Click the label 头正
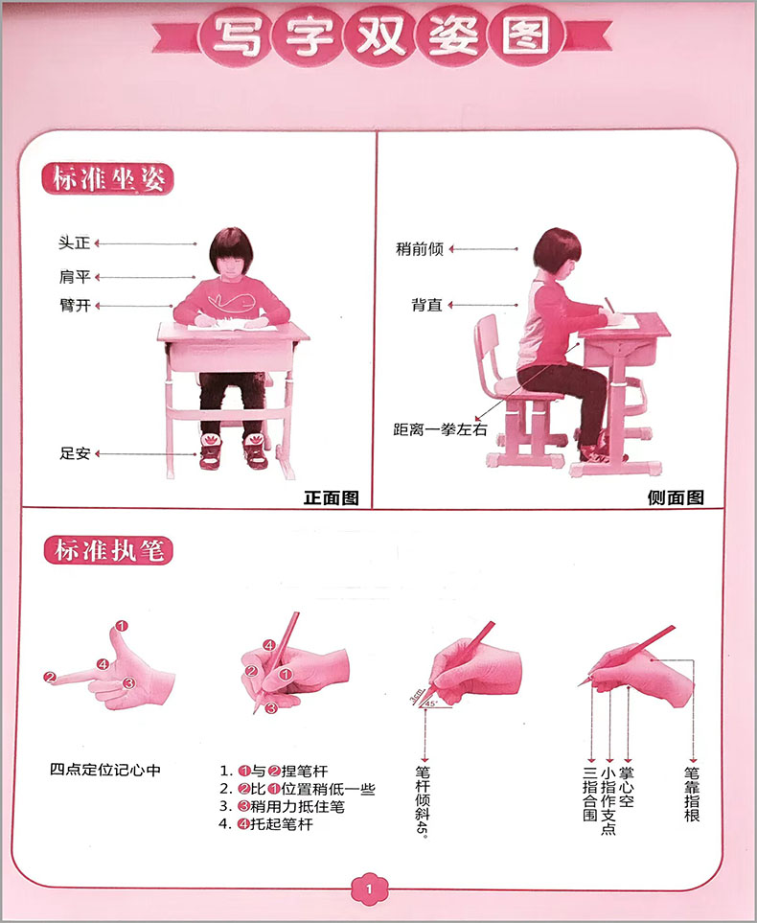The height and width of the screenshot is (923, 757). pos(74,242)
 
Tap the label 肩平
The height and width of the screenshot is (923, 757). pos(75,277)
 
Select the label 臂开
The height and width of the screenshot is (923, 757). pos(75,306)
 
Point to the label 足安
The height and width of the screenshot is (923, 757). pos(75,453)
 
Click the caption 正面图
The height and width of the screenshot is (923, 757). pos(332,498)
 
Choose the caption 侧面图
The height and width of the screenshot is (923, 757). pos(676,497)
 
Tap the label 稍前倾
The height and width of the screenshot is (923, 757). pos(419,249)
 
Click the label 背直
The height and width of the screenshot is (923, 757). pos(426,305)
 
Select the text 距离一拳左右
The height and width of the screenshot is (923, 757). pos(441,429)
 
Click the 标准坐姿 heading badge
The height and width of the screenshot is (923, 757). pos(107,178)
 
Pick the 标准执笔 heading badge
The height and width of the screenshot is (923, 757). pos(108,550)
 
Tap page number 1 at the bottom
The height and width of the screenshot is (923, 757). pos(370,888)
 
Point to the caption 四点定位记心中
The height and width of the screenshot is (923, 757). pos(105,770)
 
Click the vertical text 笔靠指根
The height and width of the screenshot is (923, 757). pos(692,794)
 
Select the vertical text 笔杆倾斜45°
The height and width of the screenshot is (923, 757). pos(423,800)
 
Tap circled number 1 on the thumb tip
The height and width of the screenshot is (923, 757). pos(122,626)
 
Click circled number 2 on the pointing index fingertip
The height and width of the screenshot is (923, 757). pos(50,678)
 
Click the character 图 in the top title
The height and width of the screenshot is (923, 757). pos(526,35)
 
